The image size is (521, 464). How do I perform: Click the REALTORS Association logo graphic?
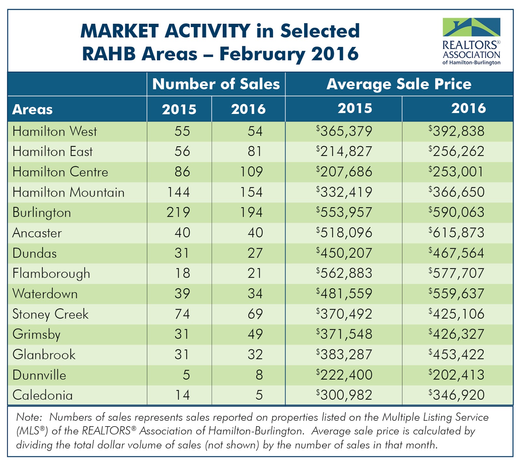point(471,27)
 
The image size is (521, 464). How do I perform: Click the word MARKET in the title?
point(119,31)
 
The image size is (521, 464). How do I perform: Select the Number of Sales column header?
point(216,84)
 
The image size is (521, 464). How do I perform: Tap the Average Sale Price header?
point(399,84)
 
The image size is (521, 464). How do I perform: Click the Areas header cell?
point(33,109)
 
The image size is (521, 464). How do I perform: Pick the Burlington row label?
point(42,213)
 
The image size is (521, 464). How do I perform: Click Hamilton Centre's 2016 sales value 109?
point(251,172)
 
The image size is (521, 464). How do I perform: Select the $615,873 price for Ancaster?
point(457,232)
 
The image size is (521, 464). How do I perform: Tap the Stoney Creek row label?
point(50,314)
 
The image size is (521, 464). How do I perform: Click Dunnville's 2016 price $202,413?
point(457,375)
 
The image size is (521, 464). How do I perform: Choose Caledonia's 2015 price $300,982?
point(344,395)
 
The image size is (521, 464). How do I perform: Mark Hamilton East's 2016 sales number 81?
point(255,151)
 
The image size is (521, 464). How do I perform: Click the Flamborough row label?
point(51,274)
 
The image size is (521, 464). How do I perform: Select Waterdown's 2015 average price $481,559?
point(344,294)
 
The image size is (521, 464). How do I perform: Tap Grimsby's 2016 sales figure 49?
point(255,334)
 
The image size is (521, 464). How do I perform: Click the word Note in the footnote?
point(29,417)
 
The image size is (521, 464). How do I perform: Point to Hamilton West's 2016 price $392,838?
point(457,131)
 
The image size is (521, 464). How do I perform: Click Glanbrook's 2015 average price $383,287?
point(344,355)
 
